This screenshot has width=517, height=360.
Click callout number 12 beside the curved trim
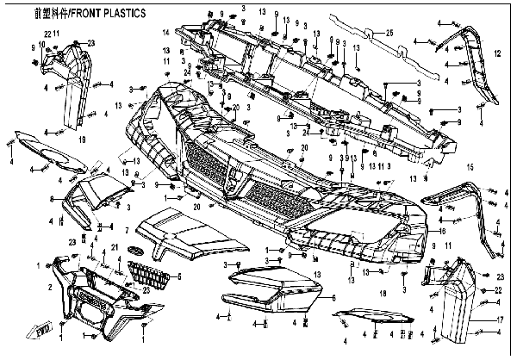496,53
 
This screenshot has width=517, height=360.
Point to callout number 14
165,32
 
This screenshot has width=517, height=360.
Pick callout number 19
83,138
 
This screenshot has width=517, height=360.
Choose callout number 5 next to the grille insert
179,277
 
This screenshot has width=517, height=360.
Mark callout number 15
470,166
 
